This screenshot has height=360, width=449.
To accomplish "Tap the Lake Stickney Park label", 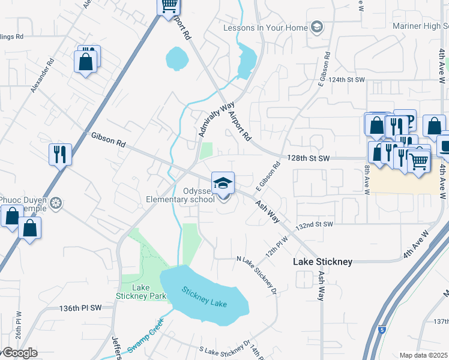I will (132, 292).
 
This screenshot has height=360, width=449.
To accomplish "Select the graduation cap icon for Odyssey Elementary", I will (223, 182).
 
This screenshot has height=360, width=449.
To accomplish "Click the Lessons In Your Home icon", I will (316, 27).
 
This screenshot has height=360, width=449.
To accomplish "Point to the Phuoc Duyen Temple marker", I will (56, 203).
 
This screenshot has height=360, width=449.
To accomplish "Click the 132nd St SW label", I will (313, 224).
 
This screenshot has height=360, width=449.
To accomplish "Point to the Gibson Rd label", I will (108, 140).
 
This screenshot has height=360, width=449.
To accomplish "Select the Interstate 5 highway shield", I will (382, 329).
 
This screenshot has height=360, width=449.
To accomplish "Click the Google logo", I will (19, 353).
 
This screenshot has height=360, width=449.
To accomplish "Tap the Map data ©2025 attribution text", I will (423, 355).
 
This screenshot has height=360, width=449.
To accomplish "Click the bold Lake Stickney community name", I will (322, 262).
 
